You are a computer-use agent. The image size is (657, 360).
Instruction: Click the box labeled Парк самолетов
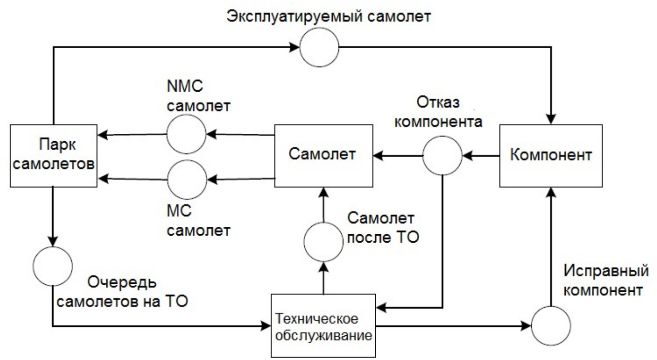[x=53, y=155]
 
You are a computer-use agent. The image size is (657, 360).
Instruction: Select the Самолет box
[x=323, y=155]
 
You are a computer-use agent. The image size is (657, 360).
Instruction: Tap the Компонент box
[x=551, y=155]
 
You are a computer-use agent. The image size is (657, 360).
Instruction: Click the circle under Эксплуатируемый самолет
[x=319, y=46]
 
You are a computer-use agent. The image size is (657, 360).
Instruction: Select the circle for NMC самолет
[x=187, y=134]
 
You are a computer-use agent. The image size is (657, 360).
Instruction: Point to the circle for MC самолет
[x=187, y=179]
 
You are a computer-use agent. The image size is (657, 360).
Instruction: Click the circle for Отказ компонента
[x=442, y=155]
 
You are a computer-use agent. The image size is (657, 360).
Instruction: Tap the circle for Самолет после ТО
[x=323, y=241]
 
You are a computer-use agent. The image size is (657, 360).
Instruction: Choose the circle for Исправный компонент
[x=551, y=325]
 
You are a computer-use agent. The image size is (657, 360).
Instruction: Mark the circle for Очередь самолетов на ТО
[x=53, y=266]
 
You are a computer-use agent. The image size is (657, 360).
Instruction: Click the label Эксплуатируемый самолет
[x=328, y=16]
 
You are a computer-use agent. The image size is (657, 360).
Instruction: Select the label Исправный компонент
[x=605, y=280]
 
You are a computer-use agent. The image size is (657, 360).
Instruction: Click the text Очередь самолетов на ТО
[x=122, y=292]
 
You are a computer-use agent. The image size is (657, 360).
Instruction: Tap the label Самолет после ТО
[x=383, y=228]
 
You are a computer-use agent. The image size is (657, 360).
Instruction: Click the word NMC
[x=185, y=85]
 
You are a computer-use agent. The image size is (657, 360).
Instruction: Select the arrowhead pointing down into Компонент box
[x=551, y=120]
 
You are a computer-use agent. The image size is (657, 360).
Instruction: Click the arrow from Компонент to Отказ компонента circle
[x=481, y=155]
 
